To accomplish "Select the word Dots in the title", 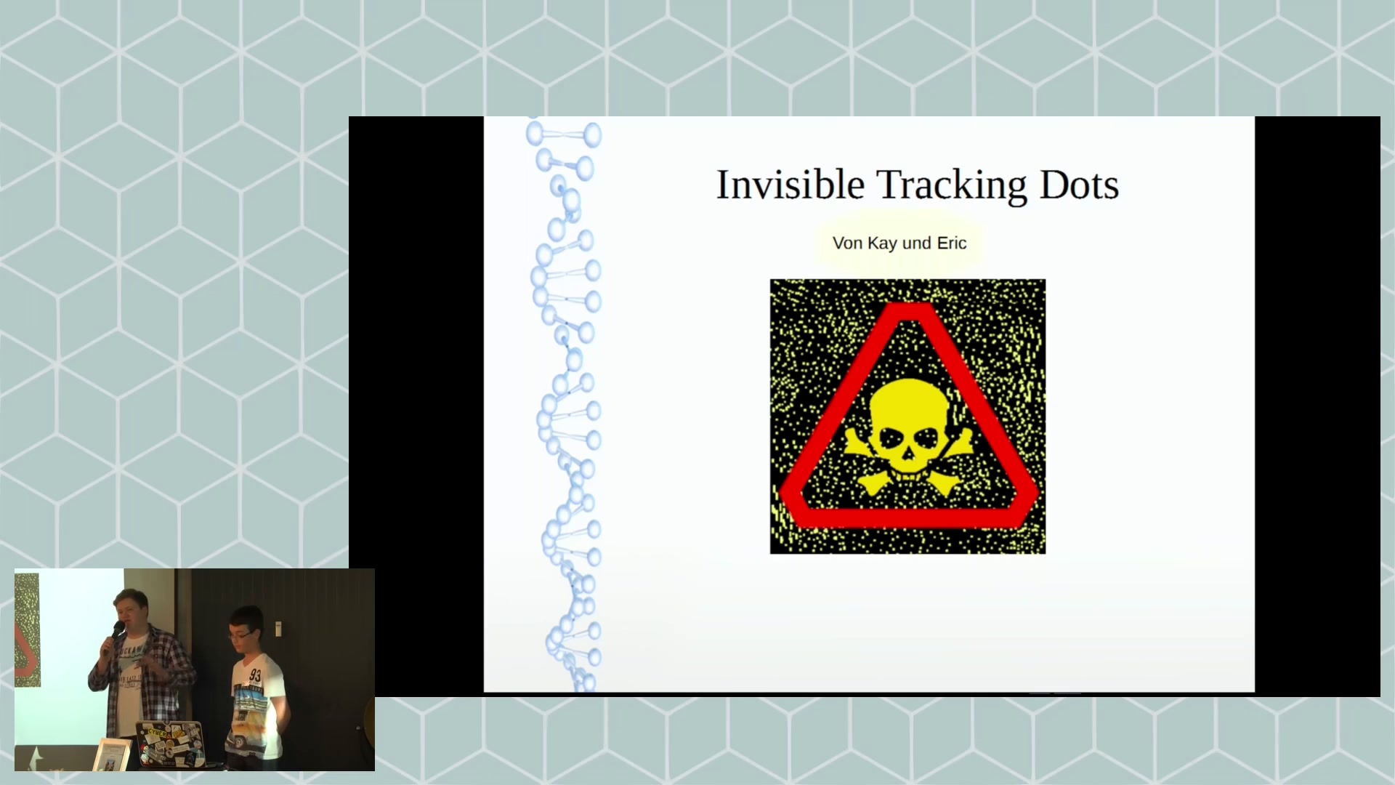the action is (x=1080, y=185).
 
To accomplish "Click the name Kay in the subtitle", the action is (x=882, y=243).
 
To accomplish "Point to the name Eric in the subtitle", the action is (x=952, y=243).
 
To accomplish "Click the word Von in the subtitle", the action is (x=847, y=243).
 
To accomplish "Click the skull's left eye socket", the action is (x=891, y=438).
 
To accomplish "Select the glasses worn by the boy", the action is (x=240, y=635).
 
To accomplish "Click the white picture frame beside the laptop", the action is (x=111, y=754).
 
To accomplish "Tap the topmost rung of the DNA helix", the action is (x=564, y=134).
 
